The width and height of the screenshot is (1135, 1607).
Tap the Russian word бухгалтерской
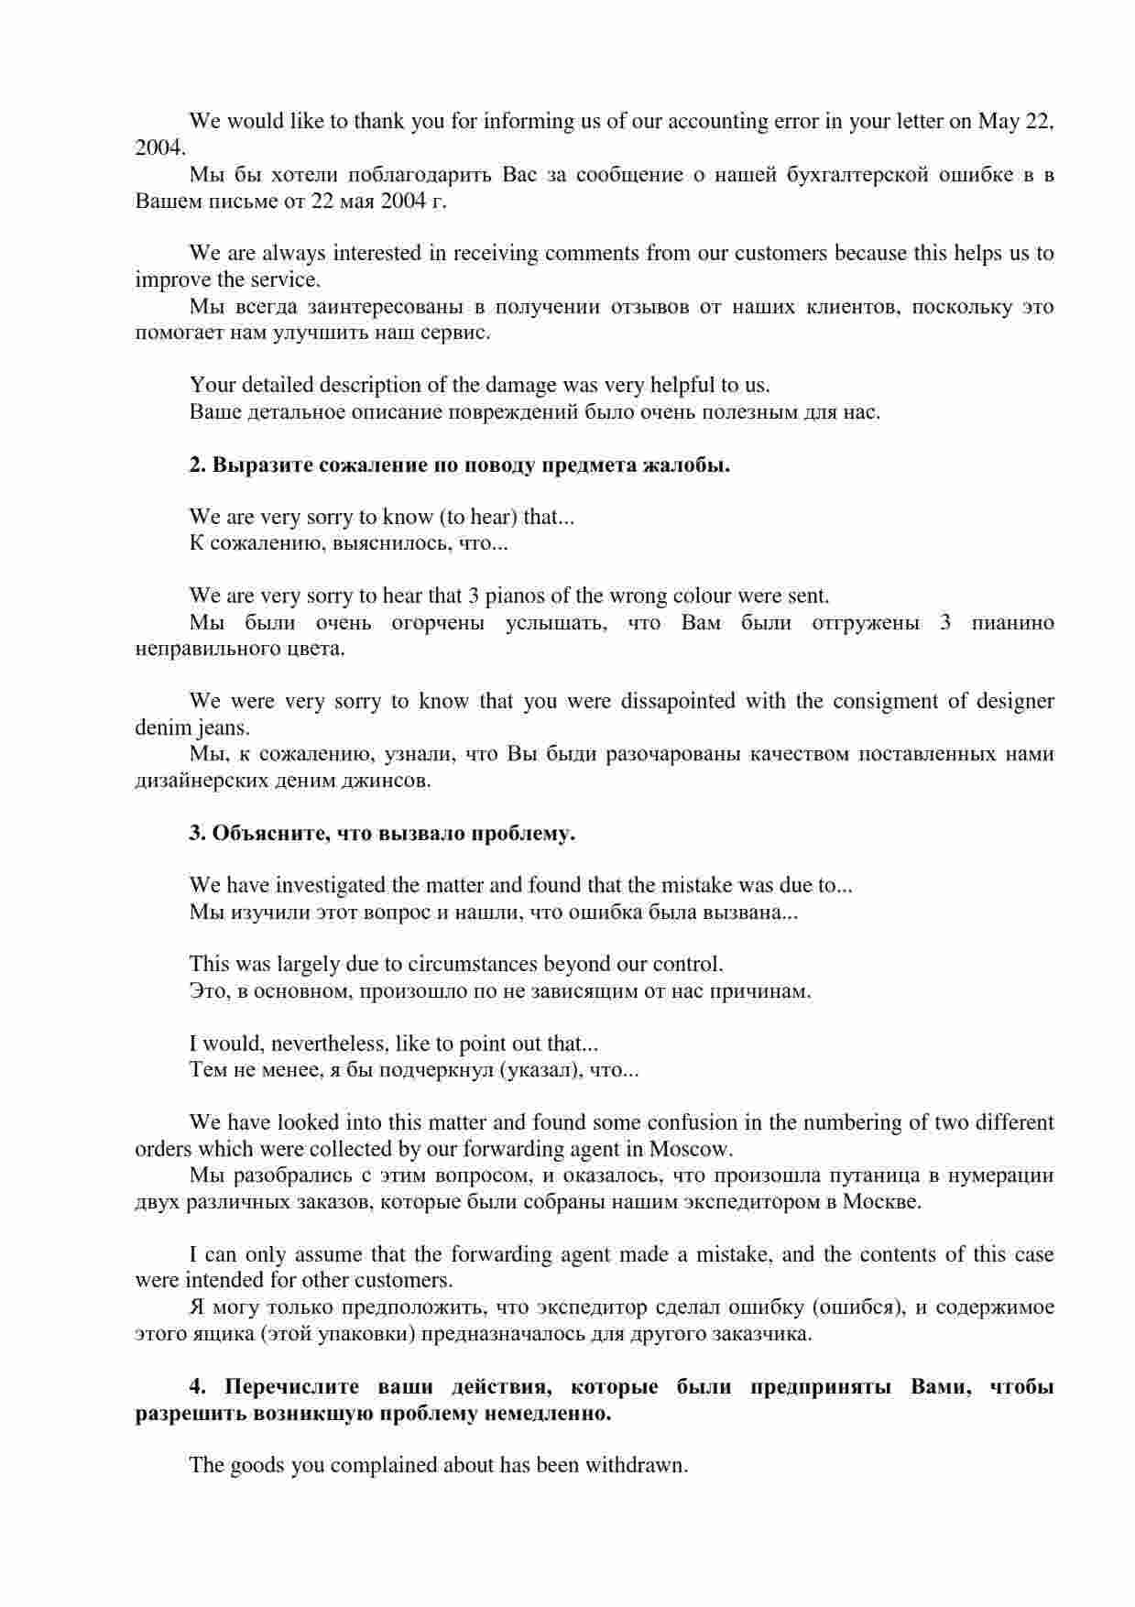click(857, 174)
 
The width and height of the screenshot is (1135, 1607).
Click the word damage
click(519, 385)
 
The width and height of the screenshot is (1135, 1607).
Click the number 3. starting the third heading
click(198, 834)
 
